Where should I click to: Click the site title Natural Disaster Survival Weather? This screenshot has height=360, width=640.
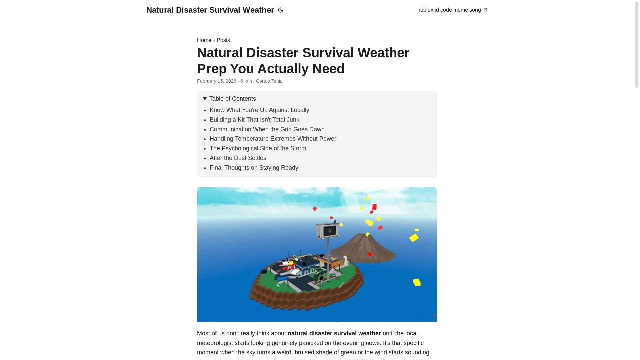pos(210,10)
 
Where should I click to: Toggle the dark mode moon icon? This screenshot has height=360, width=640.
pos(281,10)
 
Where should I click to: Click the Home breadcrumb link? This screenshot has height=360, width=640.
pos(204,40)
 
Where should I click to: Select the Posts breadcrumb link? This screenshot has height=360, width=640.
pos(223,40)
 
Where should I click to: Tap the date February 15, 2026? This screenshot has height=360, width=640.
pos(217,81)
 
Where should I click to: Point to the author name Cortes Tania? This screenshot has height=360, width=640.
pos(269,81)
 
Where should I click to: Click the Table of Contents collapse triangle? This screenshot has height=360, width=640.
pos(205,99)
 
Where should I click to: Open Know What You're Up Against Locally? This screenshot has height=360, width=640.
pos(259,110)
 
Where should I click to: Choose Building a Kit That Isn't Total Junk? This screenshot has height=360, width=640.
pos(254,120)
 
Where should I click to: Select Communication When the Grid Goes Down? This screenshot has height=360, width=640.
pos(267,129)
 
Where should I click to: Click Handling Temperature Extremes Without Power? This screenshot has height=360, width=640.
pos(273,139)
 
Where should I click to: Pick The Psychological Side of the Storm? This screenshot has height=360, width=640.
pos(258,148)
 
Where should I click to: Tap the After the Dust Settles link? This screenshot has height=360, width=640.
pos(238,158)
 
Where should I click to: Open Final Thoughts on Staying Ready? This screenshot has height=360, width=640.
pos(254,168)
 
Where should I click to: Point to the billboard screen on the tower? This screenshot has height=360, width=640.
pos(328,231)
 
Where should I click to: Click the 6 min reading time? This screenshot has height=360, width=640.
pos(246,81)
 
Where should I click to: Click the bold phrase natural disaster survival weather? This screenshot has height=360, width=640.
pos(334,333)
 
